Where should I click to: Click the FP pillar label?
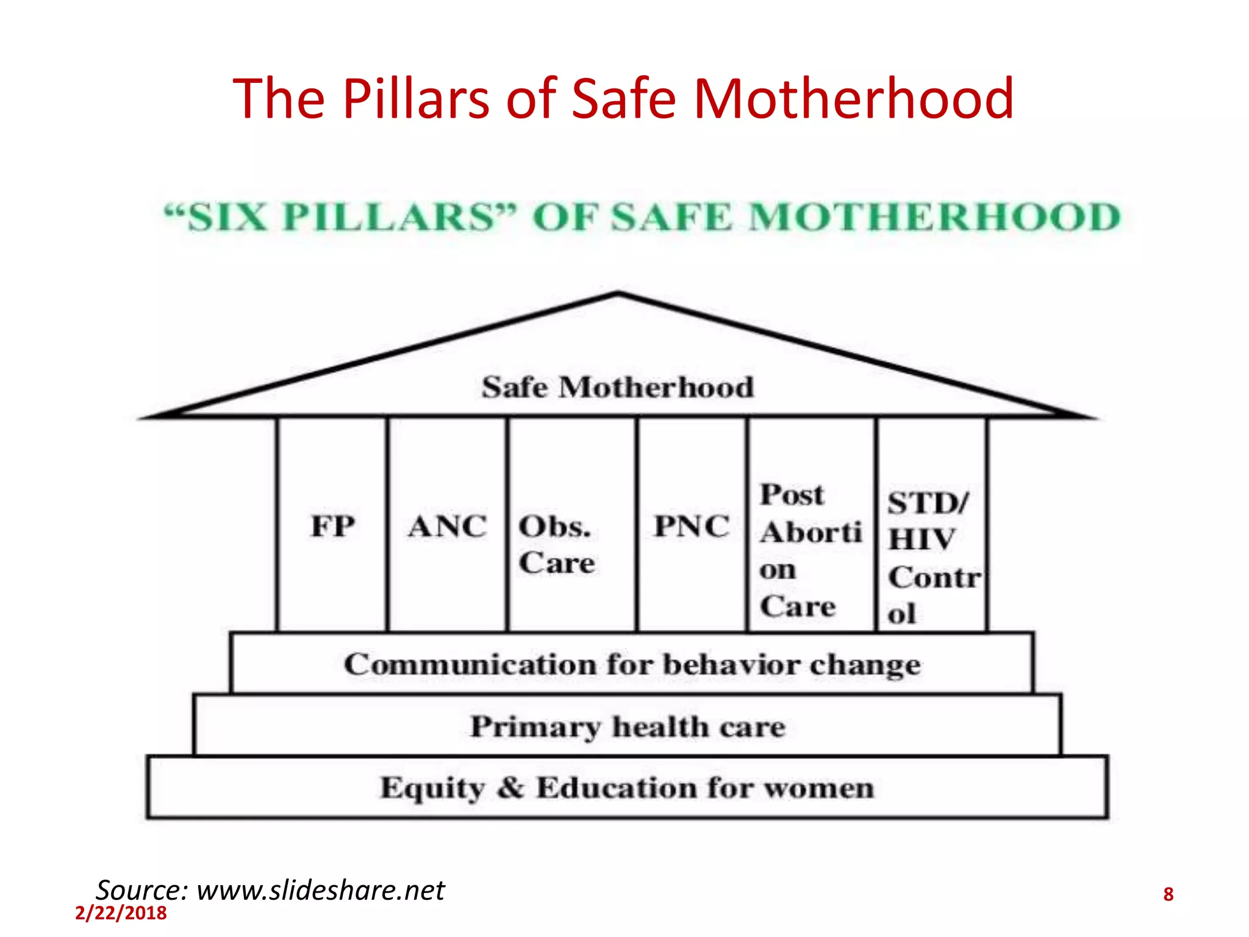click(332, 526)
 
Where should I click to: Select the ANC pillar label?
click(448, 526)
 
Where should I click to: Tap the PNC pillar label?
click(692, 526)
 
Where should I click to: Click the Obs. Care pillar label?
click(556, 544)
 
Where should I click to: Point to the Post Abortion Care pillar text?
click(810, 550)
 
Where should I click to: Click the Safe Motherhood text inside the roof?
click(618, 387)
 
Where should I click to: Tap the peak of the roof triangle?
click(618, 294)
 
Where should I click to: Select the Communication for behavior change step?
click(632, 664)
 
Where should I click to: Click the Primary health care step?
click(628, 727)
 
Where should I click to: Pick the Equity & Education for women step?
click(627, 788)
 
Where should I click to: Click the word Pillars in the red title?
click(415, 98)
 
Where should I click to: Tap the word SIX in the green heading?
click(226, 217)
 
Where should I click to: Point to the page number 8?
click(1168, 894)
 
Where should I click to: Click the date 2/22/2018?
click(121, 913)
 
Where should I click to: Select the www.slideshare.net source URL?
click(321, 890)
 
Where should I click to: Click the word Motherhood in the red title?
click(853, 98)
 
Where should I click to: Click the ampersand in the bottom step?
click(510, 787)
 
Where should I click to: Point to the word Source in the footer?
click(140, 890)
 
